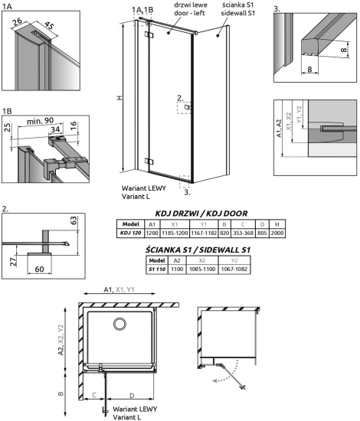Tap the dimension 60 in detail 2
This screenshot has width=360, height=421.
[x=40, y=269]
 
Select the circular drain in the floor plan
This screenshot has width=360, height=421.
[x=119, y=325]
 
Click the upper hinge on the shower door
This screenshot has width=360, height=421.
[x=149, y=35]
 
